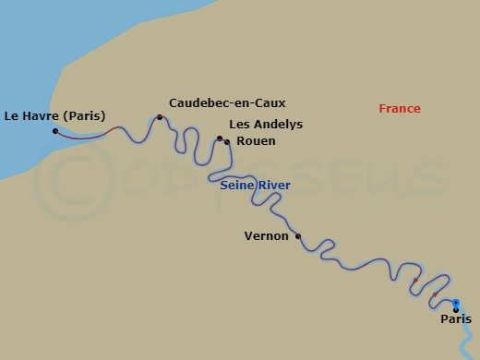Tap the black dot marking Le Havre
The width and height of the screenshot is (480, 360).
[x=55, y=131]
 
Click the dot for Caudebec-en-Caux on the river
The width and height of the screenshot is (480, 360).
[x=160, y=117]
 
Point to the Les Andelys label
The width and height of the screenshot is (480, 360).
[x=265, y=125]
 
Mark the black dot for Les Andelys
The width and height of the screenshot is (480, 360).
[x=220, y=138]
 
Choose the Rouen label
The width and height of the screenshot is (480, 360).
[x=256, y=141]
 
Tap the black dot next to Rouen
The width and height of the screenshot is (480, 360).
[x=227, y=142]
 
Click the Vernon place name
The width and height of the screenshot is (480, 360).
[x=267, y=235]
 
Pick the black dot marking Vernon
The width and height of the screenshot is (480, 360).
[x=297, y=236]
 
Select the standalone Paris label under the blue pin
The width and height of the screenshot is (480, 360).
[x=456, y=319]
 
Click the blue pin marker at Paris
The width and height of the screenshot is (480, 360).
[x=456, y=303]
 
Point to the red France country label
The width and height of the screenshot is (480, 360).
[x=399, y=109]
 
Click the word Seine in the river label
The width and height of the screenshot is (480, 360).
[x=236, y=186]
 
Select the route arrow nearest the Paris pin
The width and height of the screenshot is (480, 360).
[x=435, y=294]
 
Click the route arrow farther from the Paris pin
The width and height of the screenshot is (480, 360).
[x=415, y=279]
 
